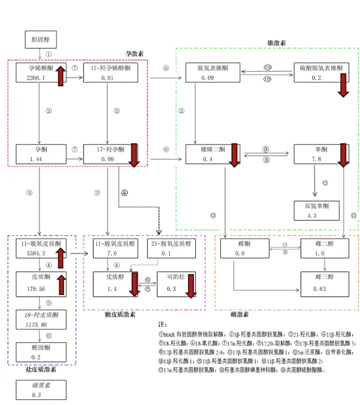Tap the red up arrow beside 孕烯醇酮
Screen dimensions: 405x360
[x=60, y=74]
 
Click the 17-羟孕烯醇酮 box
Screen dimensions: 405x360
[x=111, y=73]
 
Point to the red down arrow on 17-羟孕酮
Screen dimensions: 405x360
[x=134, y=155]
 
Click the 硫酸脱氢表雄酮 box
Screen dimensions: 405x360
[x=321, y=73]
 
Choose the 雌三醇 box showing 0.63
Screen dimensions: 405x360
[x=321, y=284]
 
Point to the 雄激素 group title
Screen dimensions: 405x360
[x=276, y=43]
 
